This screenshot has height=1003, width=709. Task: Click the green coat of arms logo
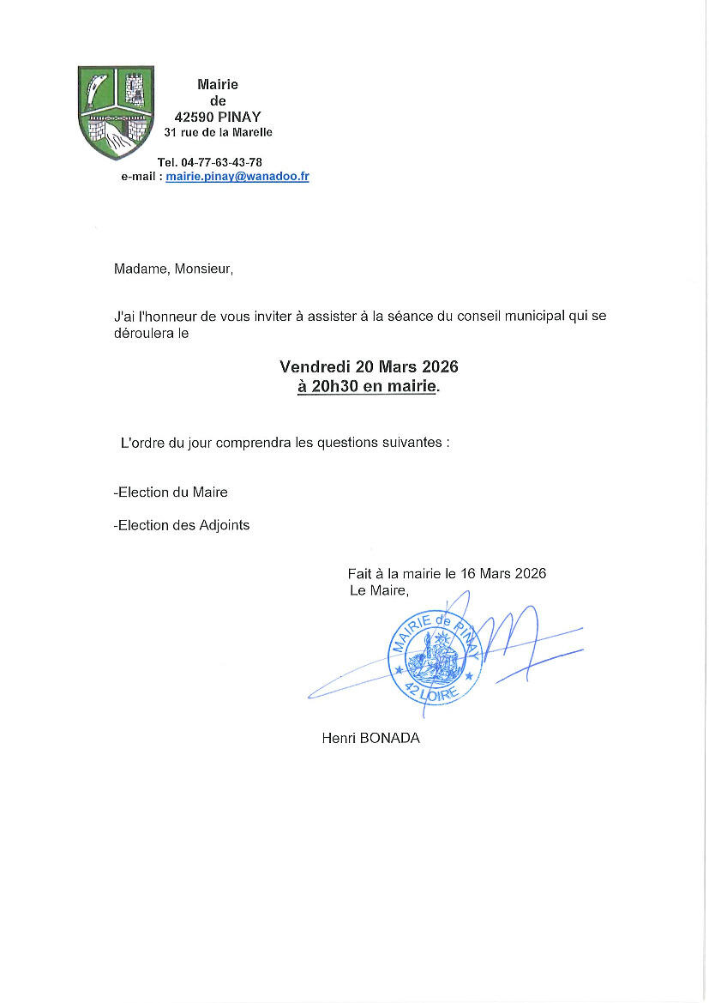117,112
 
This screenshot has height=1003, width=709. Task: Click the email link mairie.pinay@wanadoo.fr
237,177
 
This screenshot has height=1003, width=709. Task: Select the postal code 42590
191,117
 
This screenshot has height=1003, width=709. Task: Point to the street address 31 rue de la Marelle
219,132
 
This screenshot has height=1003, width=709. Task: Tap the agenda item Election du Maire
171,492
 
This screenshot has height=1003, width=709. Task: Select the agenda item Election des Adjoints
182,525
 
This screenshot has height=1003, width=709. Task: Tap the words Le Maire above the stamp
378,590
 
